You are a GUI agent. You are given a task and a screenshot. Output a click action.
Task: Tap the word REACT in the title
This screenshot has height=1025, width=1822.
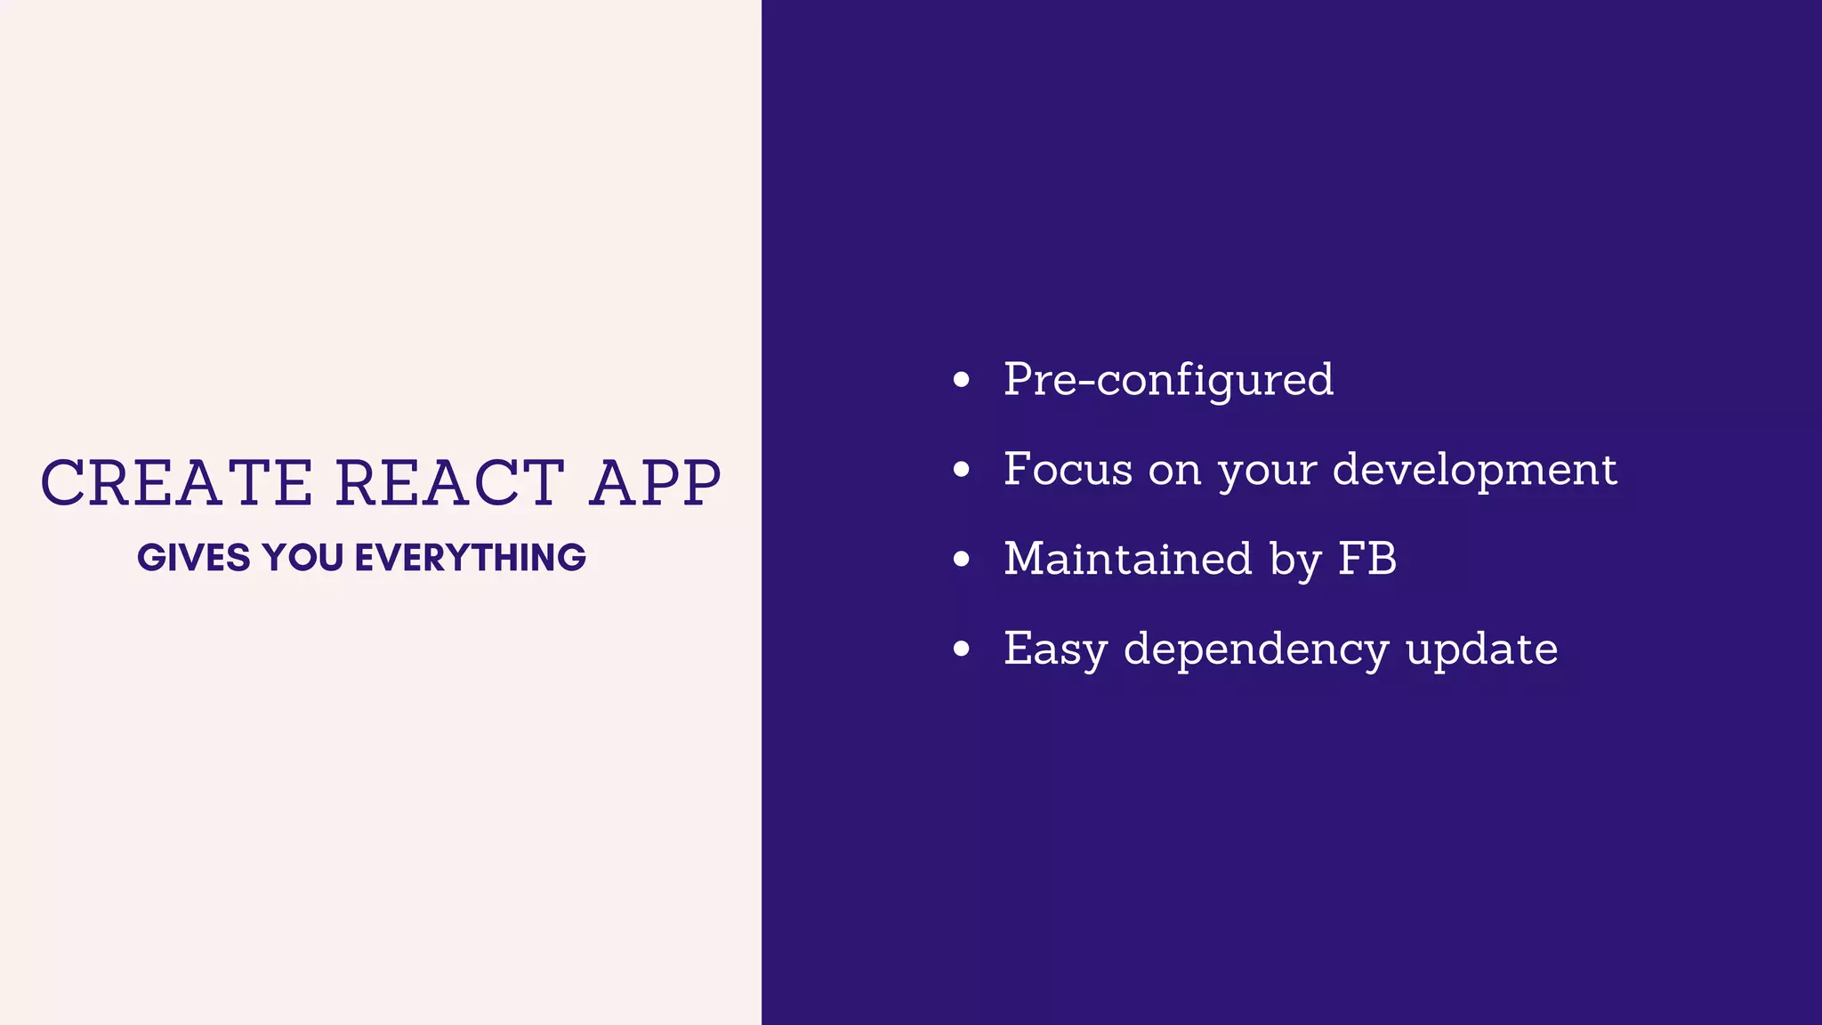449,483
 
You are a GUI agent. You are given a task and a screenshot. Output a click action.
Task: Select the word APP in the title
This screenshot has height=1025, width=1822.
656,483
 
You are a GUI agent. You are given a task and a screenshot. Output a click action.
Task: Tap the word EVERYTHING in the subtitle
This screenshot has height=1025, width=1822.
471,558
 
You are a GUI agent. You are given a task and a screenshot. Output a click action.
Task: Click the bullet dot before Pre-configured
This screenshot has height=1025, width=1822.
961,380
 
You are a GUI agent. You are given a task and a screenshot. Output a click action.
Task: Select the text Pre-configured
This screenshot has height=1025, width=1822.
1168,380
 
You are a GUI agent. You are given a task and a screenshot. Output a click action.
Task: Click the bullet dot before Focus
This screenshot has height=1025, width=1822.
961,469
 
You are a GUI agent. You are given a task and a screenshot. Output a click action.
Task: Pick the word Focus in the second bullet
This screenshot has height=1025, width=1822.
1068,469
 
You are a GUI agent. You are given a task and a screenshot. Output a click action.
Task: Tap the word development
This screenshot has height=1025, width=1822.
1474,469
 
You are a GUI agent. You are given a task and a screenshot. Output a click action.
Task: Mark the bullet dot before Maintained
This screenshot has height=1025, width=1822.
961,559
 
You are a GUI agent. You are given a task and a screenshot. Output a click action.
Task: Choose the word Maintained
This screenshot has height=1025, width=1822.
1128,559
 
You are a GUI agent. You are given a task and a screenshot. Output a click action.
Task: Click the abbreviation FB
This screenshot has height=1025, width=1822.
1367,559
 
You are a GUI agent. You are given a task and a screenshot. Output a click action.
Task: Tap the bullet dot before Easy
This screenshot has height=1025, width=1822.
961,649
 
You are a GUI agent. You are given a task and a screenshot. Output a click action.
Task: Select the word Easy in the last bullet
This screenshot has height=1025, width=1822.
1055,650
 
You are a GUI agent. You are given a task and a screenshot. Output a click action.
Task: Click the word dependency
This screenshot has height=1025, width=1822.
1255,650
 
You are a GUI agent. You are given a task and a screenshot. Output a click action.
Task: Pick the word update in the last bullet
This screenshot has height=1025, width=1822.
1482,650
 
